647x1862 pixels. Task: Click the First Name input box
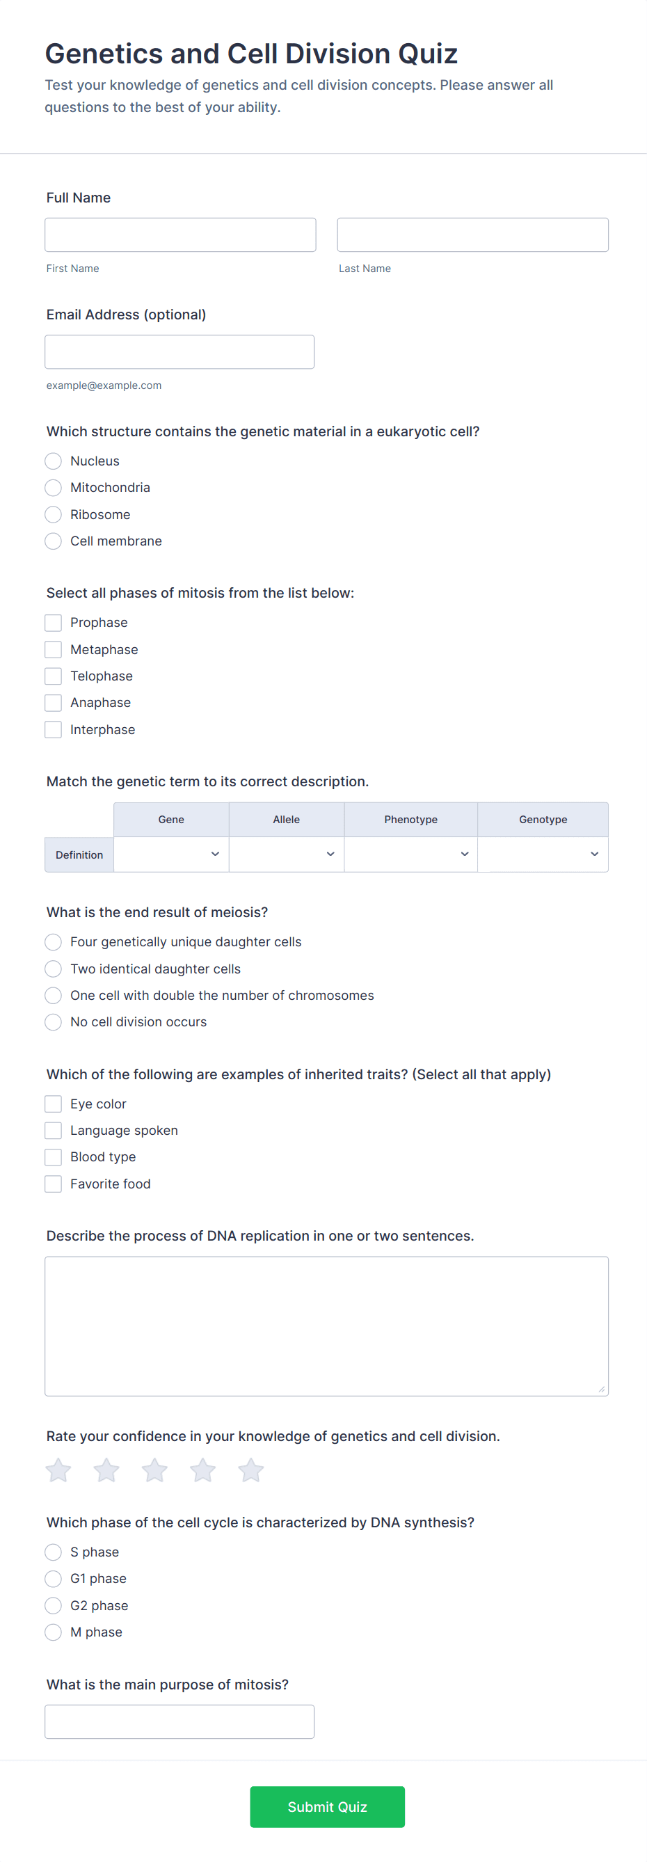(x=180, y=235)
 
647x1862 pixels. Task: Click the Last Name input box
(x=472, y=235)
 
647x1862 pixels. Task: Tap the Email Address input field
(x=179, y=352)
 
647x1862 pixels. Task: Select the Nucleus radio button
(x=54, y=461)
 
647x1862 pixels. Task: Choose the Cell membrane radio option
(x=54, y=541)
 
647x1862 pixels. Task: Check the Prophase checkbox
(x=54, y=623)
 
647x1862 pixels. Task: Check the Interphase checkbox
(x=54, y=730)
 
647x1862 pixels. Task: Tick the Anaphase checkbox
(x=54, y=703)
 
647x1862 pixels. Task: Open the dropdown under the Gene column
(x=171, y=854)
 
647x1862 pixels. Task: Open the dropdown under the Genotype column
(x=542, y=854)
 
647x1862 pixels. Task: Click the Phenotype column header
(x=410, y=820)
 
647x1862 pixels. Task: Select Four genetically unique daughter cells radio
(x=54, y=943)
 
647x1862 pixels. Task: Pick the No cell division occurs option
(x=54, y=1023)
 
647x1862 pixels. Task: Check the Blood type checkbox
(x=54, y=1158)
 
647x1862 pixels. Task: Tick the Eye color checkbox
(x=54, y=1104)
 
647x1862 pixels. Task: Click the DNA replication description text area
(x=326, y=1326)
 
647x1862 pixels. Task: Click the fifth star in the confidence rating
(x=251, y=1470)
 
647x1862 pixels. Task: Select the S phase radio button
(x=54, y=1552)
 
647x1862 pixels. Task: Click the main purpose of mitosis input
(x=179, y=1721)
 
